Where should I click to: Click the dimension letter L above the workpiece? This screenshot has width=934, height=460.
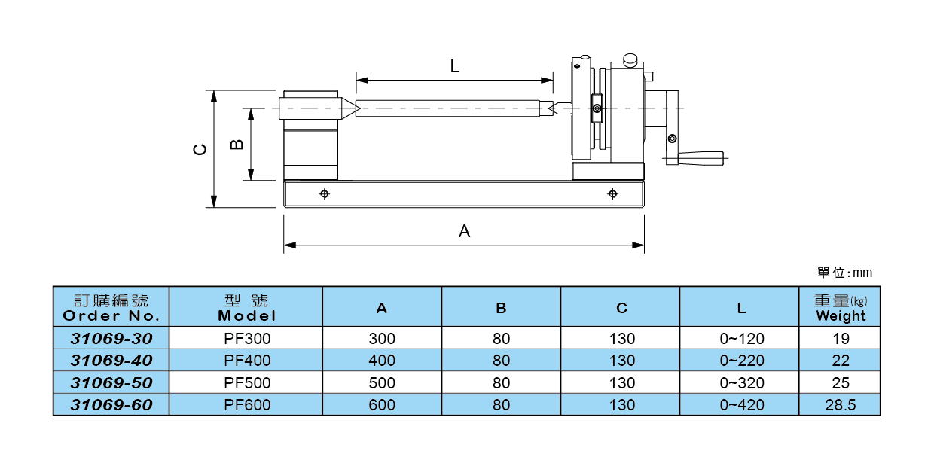pyautogui.click(x=454, y=66)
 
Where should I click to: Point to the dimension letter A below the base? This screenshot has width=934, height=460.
pyautogui.click(x=464, y=231)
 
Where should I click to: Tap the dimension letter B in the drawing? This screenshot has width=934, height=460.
pyautogui.click(x=237, y=143)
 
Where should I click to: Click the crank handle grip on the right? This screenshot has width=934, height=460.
pyautogui.click(x=700, y=158)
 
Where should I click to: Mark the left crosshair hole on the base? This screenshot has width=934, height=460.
pyautogui.click(x=324, y=194)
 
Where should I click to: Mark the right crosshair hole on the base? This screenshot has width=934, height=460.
pyautogui.click(x=612, y=194)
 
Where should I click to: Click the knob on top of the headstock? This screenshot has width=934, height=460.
pyautogui.click(x=630, y=58)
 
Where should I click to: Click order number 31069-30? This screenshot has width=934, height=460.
pyautogui.click(x=111, y=339)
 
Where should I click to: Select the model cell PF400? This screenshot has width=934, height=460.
pyautogui.click(x=246, y=361)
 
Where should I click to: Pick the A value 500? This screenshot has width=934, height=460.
pyautogui.click(x=382, y=383)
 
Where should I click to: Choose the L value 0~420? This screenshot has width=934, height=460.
pyautogui.click(x=741, y=405)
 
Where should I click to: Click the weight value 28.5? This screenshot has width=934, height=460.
pyautogui.click(x=840, y=405)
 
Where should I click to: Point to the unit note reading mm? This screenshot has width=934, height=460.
pyautogui.click(x=845, y=273)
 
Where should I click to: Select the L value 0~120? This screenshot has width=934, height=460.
pyautogui.click(x=741, y=339)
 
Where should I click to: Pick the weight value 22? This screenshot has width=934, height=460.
pyautogui.click(x=840, y=361)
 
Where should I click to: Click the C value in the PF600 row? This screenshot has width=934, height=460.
pyautogui.click(x=621, y=405)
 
